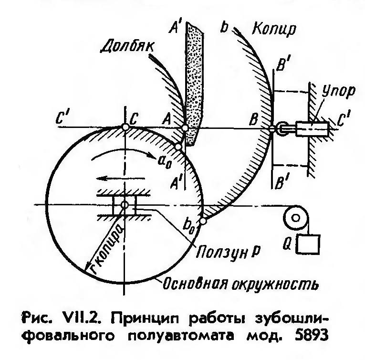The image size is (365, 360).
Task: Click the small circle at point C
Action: (124, 128)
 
